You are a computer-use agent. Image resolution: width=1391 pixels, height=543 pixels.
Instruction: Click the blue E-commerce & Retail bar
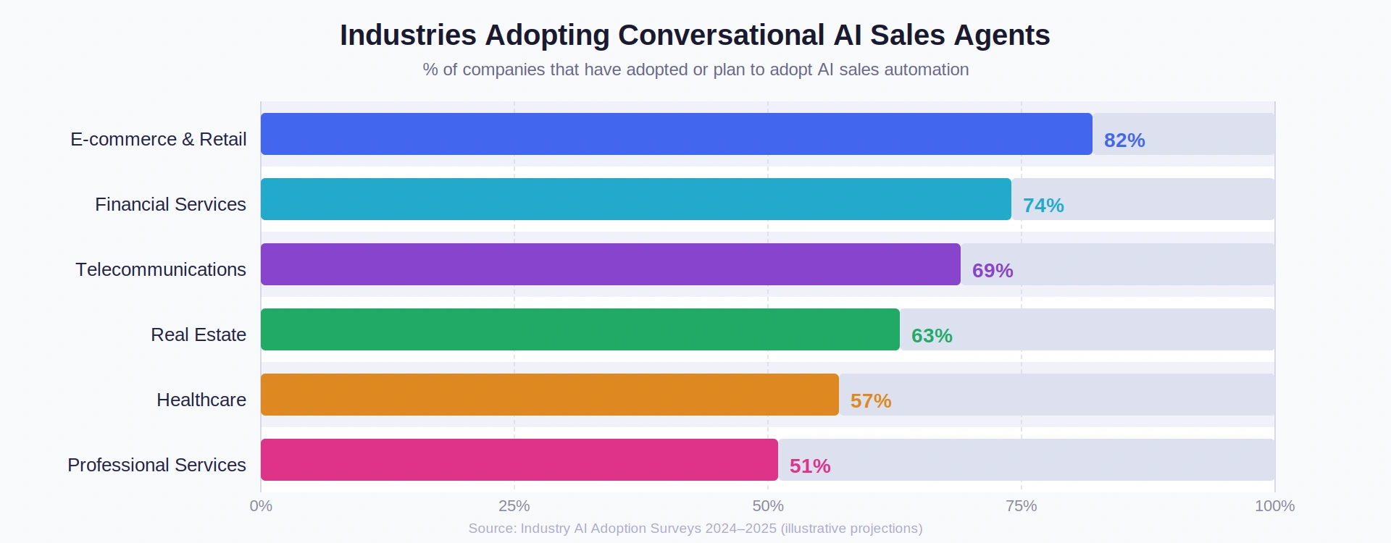[676, 134]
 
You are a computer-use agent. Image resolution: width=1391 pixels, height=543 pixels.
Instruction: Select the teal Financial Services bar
[635, 199]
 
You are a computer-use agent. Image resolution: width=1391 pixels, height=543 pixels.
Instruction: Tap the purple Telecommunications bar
[610, 264]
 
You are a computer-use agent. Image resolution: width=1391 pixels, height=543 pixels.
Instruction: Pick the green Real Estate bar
[580, 329]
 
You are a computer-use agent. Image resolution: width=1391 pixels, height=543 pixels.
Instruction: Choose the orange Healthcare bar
[549, 395]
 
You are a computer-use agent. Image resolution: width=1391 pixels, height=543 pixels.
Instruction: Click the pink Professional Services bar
[519, 460]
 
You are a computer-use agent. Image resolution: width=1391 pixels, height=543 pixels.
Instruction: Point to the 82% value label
[1124, 140]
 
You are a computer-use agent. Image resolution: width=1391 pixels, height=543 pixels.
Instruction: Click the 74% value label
[1043, 206]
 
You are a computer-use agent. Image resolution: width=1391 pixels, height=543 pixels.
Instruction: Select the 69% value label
[992, 271]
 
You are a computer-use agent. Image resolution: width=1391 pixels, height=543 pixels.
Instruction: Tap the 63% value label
[931, 336]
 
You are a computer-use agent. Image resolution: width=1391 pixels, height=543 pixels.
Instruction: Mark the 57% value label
[870, 401]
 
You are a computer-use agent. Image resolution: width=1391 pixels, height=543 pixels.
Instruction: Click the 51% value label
[809, 466]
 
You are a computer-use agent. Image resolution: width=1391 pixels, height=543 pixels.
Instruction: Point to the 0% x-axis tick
[261, 506]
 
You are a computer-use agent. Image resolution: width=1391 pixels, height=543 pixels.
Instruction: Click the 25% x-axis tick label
[514, 506]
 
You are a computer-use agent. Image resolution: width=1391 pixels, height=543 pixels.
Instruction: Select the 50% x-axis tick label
[767, 506]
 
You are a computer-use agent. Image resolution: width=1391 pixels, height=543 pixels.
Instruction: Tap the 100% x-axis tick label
[1274, 506]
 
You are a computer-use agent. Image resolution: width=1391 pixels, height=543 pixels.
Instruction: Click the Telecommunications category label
[161, 269]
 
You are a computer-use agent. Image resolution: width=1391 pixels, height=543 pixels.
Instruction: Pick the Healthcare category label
[201, 400]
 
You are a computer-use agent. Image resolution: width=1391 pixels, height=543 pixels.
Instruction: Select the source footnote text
[695, 529]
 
